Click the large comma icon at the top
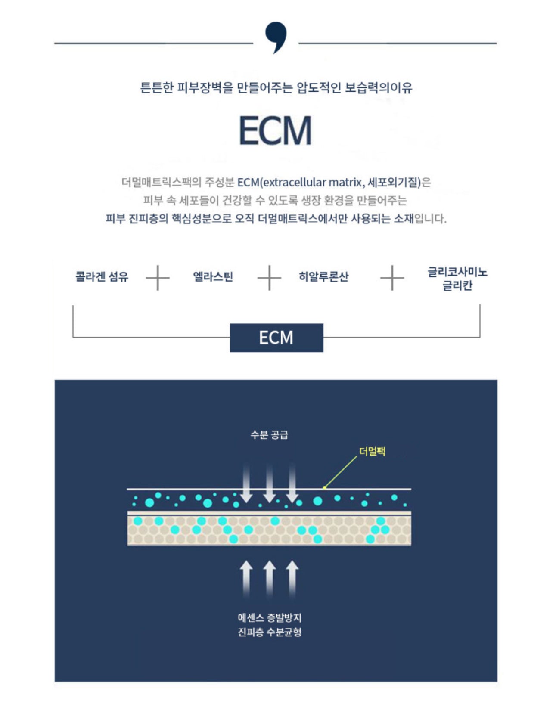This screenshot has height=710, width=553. point(276,37)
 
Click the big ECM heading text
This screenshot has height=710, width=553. point(275,130)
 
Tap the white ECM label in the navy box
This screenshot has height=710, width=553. point(276,338)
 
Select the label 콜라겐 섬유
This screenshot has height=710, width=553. point(102,276)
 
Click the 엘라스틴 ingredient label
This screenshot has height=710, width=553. point(213,276)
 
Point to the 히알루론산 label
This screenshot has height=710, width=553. point(323,276)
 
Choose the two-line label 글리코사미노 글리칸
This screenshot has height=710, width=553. point(457,279)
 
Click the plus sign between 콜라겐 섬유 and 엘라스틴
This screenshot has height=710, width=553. point(158,278)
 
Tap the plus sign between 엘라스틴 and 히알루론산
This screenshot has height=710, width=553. point(269,278)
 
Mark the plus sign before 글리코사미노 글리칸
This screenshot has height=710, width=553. point(392,278)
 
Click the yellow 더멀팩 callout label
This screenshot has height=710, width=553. point(372,451)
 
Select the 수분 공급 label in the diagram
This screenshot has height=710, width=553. point(269,435)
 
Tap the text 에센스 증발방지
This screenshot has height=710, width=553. point(270,618)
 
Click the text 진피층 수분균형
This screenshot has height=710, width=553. point(270,632)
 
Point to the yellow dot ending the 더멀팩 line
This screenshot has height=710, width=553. point(324,488)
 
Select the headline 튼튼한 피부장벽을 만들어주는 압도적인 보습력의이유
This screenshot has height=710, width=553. point(276,88)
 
